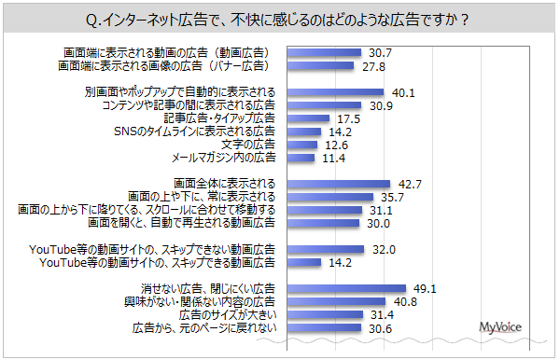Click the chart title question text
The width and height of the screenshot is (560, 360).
[280, 19]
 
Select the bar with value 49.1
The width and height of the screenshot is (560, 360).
[344, 289]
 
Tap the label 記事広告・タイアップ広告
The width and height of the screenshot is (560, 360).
[218, 118]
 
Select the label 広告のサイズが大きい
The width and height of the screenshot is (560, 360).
[227, 315]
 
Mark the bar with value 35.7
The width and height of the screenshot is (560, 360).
[328, 197]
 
